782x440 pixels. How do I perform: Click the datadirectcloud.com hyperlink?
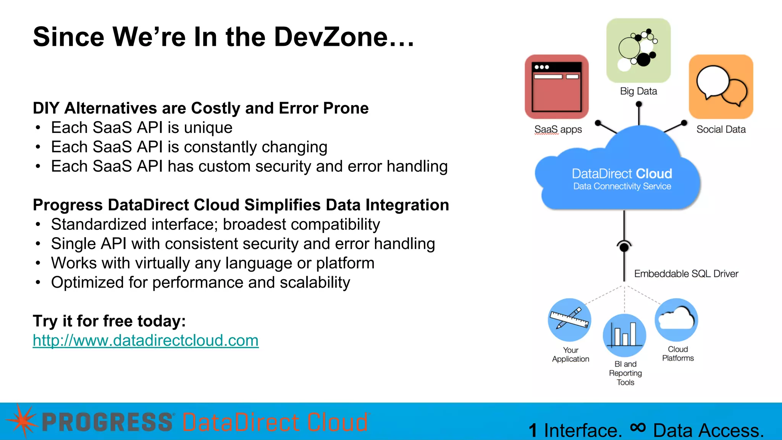[145, 340]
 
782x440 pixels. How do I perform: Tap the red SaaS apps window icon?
[556, 87]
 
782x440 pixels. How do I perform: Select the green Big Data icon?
[638, 50]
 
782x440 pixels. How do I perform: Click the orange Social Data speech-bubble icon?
[721, 87]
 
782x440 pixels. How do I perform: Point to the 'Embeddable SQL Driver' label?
[686, 274]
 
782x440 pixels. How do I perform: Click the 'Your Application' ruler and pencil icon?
[569, 320]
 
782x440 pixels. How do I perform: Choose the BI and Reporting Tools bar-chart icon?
[624, 335]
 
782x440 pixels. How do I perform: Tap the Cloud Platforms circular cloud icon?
[676, 320]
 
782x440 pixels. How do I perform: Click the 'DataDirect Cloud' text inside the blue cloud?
[622, 174]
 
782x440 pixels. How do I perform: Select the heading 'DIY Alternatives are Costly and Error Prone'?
[201, 108]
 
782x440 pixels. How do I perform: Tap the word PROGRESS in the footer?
[107, 422]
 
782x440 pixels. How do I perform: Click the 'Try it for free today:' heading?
[109, 321]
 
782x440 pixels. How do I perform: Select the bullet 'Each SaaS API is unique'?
[142, 128]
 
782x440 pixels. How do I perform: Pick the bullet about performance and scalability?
[200, 283]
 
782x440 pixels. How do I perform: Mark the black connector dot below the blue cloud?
[624, 247]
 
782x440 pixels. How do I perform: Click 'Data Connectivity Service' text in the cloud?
[622, 186]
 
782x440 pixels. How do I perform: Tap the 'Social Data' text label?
[721, 129]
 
